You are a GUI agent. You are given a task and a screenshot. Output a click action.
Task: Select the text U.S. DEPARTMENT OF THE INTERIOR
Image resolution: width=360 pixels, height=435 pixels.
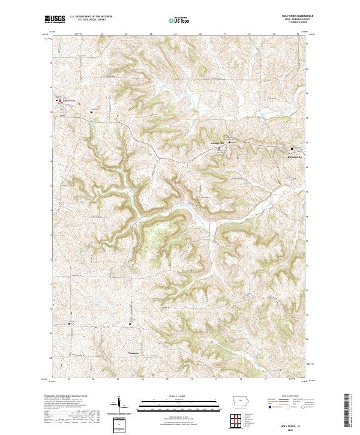[91, 17]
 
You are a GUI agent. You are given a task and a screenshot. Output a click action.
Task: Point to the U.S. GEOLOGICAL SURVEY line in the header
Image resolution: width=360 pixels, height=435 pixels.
[91, 20]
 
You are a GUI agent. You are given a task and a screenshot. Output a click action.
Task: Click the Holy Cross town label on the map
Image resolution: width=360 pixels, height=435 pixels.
[70, 100]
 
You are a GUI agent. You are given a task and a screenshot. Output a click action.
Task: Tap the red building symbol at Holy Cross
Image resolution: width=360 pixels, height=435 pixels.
[60, 101]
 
